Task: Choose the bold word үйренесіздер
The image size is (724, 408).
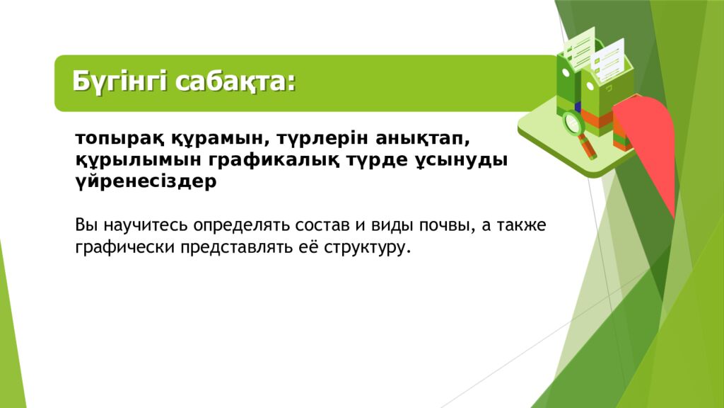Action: point(146,181)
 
